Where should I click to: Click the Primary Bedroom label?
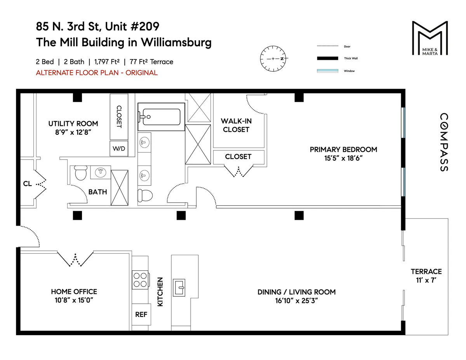343,150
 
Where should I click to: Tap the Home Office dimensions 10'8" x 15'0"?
74,300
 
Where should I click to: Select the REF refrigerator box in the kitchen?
141,314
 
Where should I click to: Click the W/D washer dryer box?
118,148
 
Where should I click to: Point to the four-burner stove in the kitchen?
141,279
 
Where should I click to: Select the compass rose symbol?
273,59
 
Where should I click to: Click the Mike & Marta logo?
429,38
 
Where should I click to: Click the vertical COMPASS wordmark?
444,142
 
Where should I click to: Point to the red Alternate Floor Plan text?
97,73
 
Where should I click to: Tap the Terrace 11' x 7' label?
426,275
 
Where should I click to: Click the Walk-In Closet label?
236,125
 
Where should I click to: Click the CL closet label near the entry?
27,183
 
